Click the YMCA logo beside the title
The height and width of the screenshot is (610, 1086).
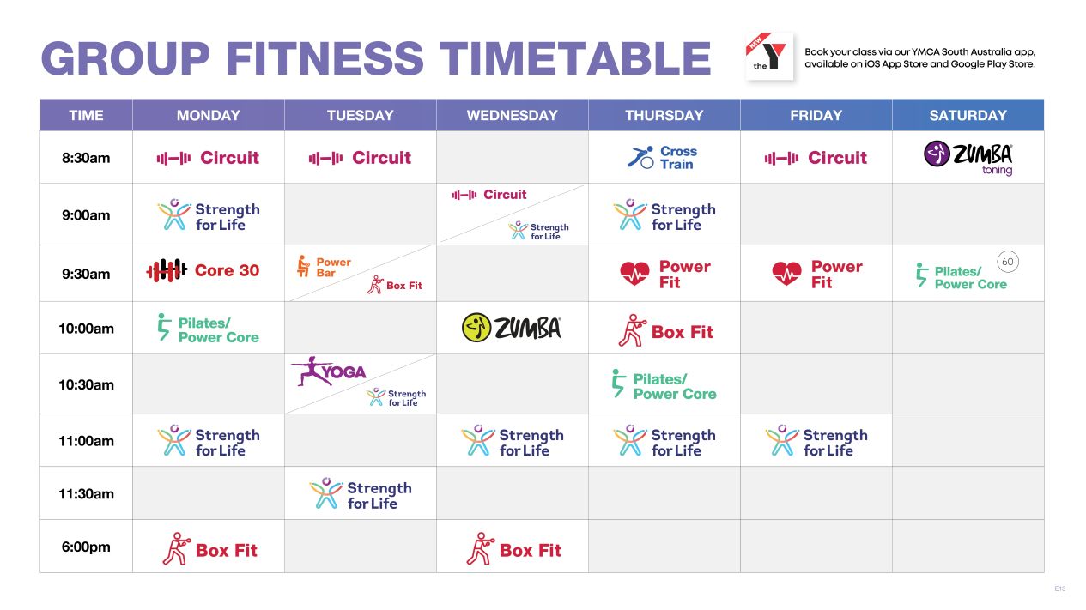coord(769,57)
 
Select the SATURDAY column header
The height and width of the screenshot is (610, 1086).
coord(968,115)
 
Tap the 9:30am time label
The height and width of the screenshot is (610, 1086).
coord(86,274)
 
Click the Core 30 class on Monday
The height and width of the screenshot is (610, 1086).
coord(203,270)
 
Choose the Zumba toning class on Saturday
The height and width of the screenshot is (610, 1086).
coord(968,157)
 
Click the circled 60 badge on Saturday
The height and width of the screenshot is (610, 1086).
coord(1008,262)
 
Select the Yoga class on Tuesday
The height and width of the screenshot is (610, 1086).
coord(329,371)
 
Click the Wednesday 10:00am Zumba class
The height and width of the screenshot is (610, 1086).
coord(512,328)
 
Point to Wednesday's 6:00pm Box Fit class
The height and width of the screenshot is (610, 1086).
coord(513,549)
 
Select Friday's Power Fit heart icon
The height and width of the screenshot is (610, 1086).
coord(786,274)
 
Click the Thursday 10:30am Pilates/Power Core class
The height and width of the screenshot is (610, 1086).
coord(663,386)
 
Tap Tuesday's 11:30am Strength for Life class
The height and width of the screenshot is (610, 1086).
coord(360,495)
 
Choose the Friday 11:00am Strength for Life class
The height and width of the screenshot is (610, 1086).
coord(816,442)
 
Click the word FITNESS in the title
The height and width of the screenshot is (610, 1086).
coord(325,59)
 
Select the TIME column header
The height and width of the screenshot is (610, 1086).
coord(86,115)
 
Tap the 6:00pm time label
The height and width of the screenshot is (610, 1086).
coord(86,547)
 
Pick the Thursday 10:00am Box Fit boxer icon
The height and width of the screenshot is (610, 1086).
coord(631,330)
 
